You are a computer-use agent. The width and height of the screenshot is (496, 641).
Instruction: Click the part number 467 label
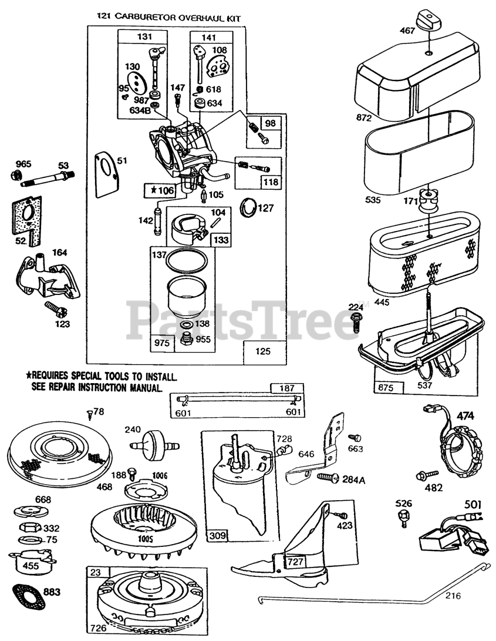(x=407, y=31)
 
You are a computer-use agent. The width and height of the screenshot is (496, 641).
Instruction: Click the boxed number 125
(x=262, y=351)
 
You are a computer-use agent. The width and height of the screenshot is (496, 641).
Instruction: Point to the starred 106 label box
(x=159, y=190)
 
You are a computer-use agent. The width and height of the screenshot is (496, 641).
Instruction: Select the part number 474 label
(x=465, y=416)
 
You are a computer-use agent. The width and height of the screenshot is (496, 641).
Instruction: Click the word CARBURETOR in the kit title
(x=142, y=17)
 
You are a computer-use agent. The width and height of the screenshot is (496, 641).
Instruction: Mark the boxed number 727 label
(x=295, y=562)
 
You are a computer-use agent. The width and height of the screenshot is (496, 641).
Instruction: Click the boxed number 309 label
(x=217, y=536)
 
